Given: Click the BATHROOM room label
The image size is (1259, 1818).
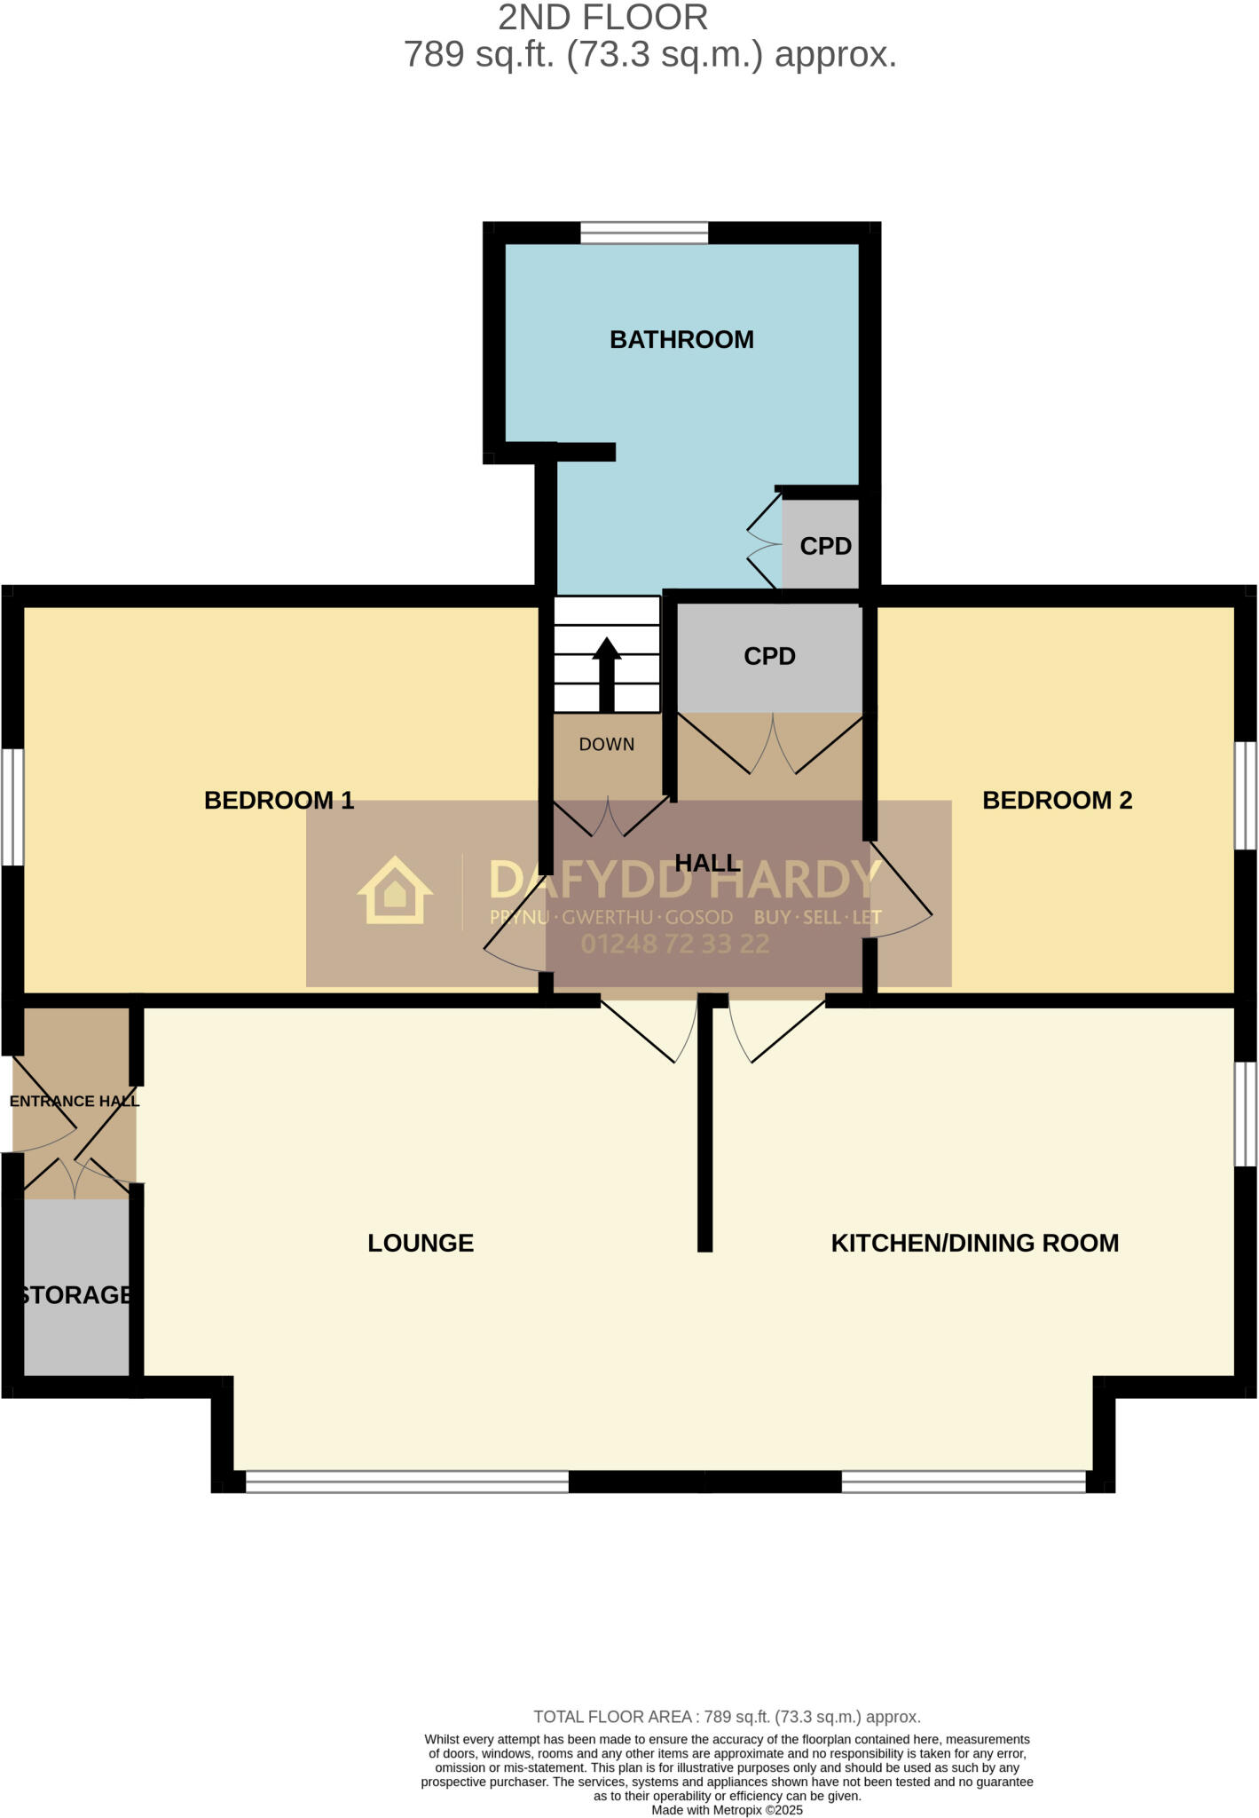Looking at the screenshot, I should [681, 340].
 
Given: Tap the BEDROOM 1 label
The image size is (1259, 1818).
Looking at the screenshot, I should [279, 801].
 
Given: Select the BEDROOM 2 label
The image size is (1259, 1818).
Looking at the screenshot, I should [1057, 801].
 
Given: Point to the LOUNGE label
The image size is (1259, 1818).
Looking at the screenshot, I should [421, 1243].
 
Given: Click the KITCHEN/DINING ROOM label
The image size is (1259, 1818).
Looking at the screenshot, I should [974, 1243].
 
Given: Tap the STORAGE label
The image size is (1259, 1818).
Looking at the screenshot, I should [75, 1295].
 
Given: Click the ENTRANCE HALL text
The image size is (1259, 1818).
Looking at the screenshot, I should [75, 1102].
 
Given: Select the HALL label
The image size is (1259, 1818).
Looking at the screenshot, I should [707, 863].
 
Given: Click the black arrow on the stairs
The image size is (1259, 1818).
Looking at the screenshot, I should [607, 674].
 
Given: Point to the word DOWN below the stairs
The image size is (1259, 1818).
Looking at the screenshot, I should [607, 745].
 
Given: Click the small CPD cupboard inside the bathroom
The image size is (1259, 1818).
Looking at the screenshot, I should [825, 546].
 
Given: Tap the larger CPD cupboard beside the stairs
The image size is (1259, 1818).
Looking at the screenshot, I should [769, 656].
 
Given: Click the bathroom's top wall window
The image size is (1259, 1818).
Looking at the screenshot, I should [644, 233].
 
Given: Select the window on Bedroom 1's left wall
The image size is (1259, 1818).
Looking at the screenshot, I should [12, 807].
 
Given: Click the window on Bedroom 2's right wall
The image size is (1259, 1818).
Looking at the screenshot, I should [1247, 796].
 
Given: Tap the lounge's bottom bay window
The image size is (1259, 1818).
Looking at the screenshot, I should [406, 1482].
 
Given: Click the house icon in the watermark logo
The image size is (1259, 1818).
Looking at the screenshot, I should [395, 891].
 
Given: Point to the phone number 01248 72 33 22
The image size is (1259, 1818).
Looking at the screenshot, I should [674, 945].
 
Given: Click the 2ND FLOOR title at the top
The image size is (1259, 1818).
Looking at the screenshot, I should [602, 18].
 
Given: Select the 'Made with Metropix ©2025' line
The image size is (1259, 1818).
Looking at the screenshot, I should [727, 1809].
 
